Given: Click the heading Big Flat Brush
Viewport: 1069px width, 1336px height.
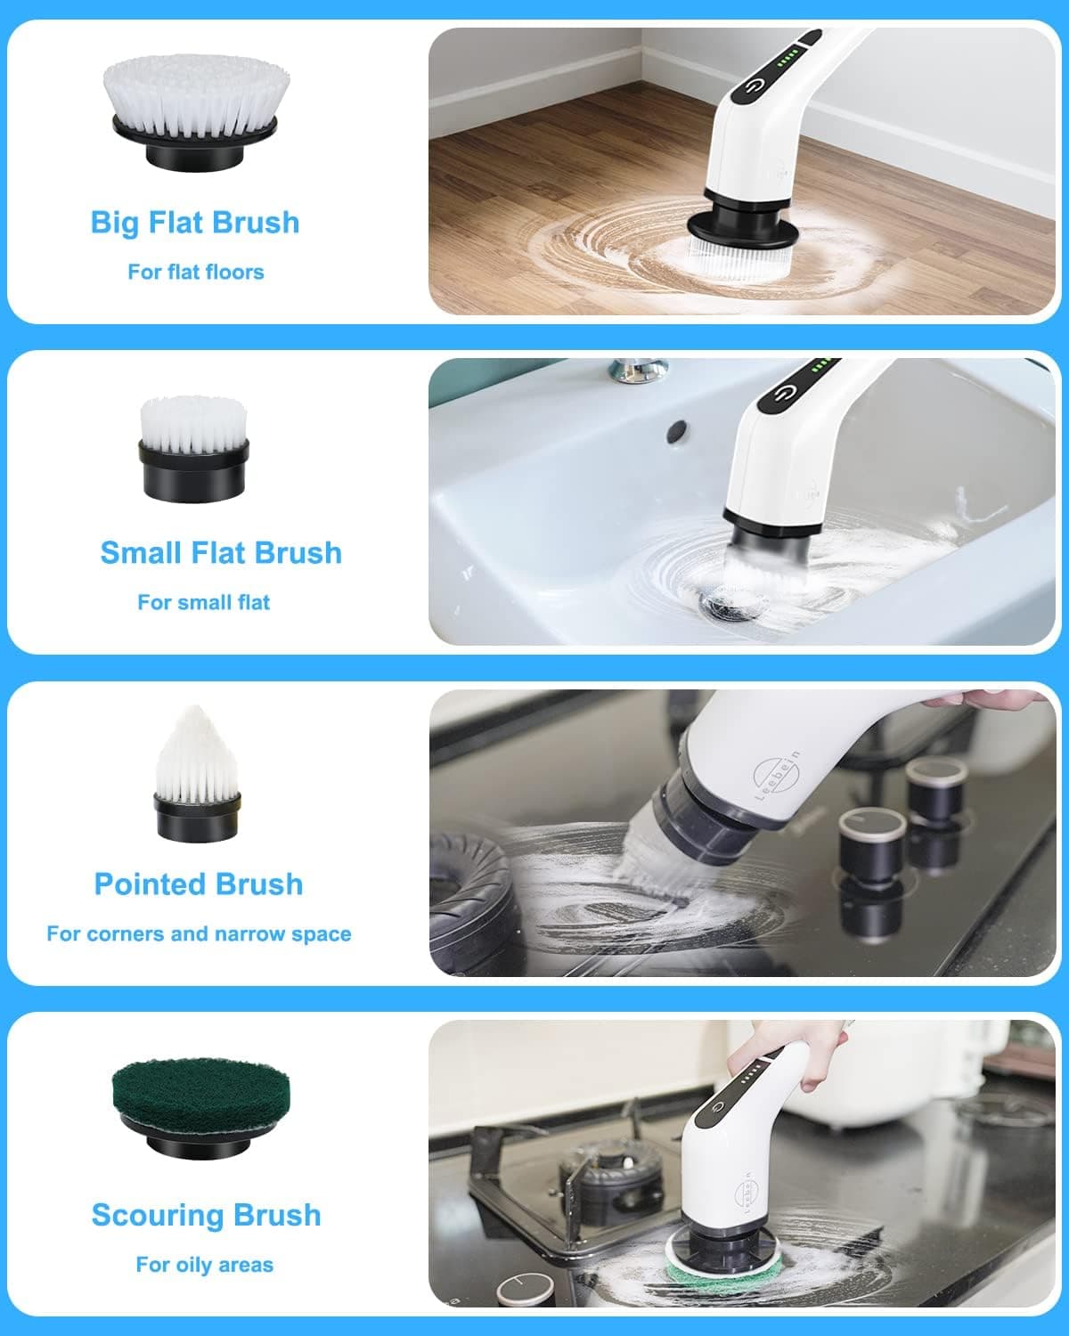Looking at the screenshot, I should [194, 222].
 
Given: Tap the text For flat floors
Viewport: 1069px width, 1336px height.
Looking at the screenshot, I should [195, 272].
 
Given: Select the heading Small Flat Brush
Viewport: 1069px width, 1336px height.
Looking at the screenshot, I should [220, 552].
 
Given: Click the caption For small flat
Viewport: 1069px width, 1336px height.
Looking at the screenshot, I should [203, 602].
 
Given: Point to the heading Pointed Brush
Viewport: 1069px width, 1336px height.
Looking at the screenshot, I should [198, 884].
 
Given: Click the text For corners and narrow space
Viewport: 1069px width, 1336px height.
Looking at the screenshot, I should [199, 933].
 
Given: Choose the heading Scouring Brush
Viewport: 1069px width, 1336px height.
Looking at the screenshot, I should [206, 1214].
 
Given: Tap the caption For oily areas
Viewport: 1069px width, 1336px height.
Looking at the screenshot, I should [204, 1264].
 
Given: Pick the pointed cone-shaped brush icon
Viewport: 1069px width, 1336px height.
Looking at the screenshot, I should [195, 773].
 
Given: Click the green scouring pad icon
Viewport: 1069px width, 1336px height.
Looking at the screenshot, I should [200, 1108].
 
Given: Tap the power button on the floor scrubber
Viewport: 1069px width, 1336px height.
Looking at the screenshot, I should [755, 86].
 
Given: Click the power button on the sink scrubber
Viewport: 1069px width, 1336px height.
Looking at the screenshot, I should [783, 395].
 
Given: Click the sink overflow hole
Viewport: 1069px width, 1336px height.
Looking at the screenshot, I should [677, 430].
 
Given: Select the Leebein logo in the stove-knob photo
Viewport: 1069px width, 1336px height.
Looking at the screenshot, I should [773, 774].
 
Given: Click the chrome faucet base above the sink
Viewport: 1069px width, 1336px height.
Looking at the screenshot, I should [639, 368].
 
